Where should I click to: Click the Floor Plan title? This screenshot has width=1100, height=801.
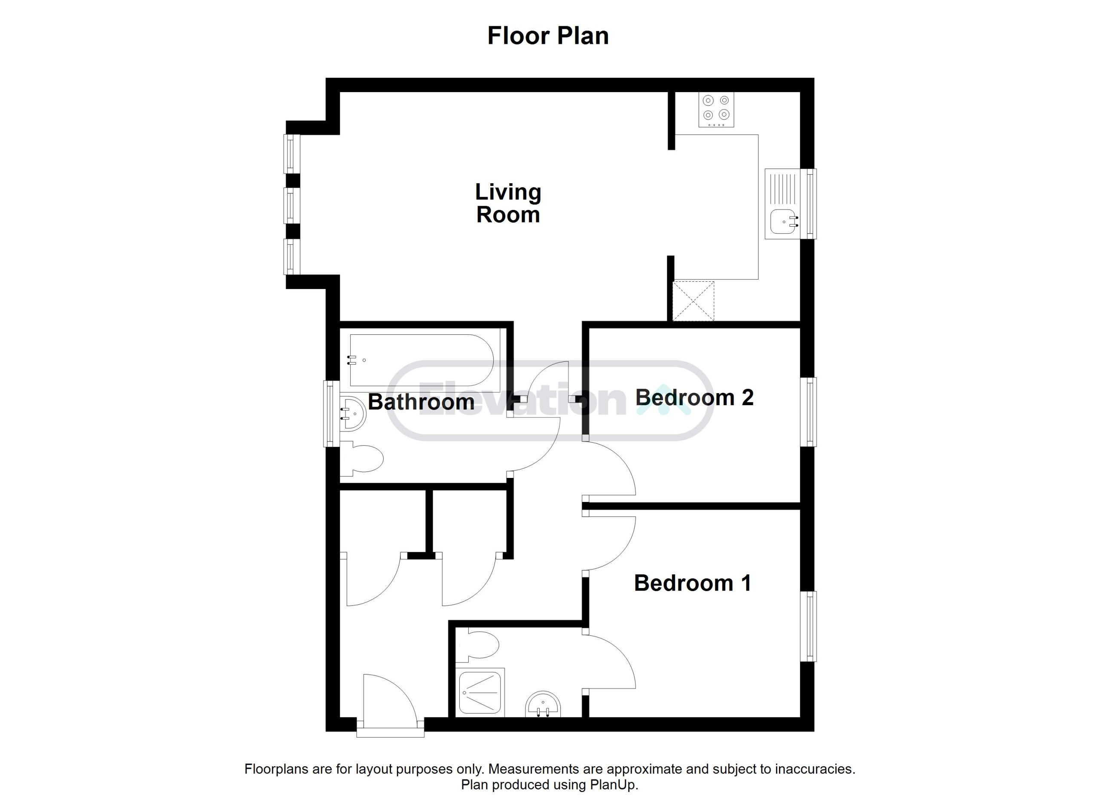pyautogui.click(x=548, y=36)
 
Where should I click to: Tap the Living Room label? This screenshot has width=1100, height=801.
pyautogui.click(x=508, y=203)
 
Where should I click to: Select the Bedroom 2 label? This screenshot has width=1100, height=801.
pyautogui.click(x=694, y=397)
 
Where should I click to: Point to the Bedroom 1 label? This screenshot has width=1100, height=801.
pyautogui.click(x=693, y=583)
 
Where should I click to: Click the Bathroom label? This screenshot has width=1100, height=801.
pyautogui.click(x=421, y=402)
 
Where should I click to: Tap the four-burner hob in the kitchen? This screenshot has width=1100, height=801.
pyautogui.click(x=716, y=110)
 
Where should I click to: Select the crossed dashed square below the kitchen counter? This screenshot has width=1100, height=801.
pyautogui.click(x=694, y=301)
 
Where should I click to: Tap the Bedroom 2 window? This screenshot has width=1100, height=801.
pyautogui.click(x=811, y=412)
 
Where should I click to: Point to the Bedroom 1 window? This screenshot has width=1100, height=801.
pyautogui.click(x=811, y=626)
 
